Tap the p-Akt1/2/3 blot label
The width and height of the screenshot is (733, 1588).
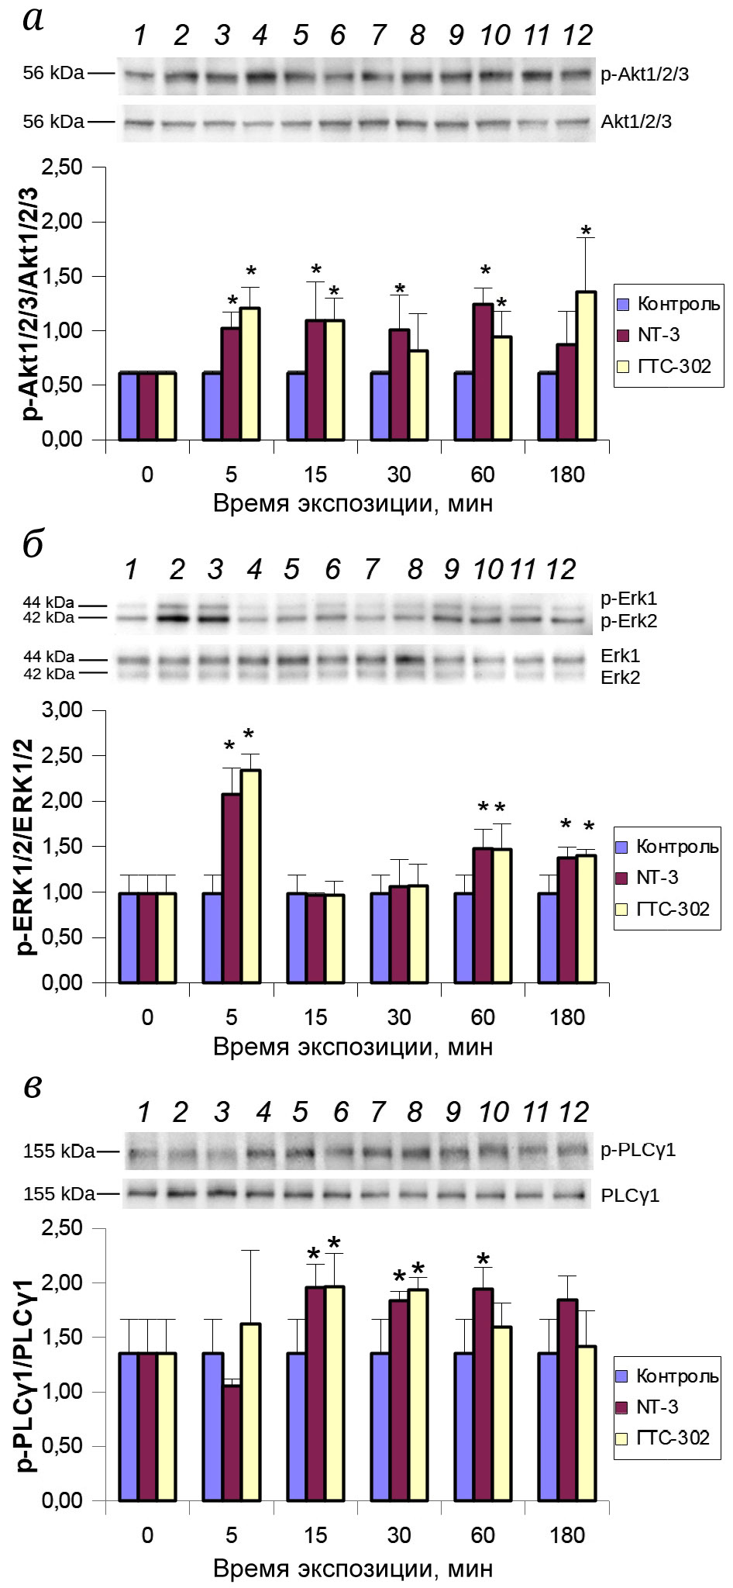[x=645, y=75]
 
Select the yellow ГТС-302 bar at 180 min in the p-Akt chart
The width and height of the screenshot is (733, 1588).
[x=586, y=365]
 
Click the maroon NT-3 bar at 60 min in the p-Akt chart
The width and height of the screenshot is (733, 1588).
[x=483, y=371]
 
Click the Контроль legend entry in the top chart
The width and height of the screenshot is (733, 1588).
[x=668, y=304]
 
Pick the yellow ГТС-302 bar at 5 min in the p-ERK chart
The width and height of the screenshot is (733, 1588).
[x=250, y=876]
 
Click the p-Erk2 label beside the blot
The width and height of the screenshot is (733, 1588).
[x=629, y=621]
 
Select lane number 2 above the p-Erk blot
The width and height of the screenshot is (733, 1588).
[x=177, y=570]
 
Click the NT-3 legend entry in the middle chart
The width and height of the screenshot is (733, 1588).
[x=658, y=878]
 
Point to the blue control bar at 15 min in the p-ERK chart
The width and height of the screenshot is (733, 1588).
[x=296, y=937]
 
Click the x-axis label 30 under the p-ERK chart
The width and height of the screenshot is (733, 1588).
[x=398, y=1017]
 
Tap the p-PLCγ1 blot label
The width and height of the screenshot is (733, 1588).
[x=638, y=1150]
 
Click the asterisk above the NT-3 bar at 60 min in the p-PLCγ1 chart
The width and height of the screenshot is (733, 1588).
[x=484, y=1259]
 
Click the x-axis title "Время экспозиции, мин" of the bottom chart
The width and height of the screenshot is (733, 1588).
[x=353, y=1569]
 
